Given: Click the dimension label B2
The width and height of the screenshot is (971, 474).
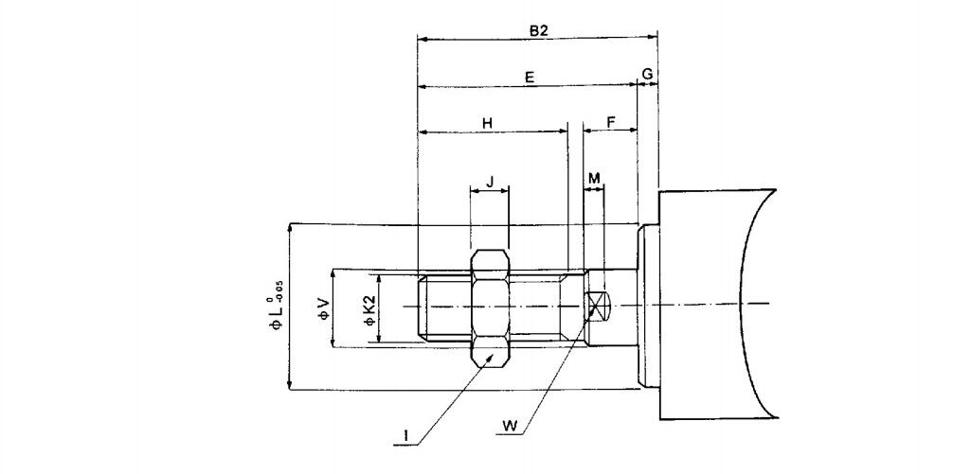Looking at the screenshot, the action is pos(537,29).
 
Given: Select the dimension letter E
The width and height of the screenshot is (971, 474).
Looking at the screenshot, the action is pos(529,78).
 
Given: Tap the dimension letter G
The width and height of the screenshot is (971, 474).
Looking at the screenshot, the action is pos(647,74).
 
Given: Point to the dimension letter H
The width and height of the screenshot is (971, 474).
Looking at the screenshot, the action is pos(487,123).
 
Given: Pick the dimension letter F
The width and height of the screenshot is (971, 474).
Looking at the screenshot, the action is pos(610,122).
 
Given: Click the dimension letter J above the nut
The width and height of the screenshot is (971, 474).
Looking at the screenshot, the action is pos(489,182).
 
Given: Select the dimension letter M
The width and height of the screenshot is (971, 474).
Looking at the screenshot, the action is pos(594,178).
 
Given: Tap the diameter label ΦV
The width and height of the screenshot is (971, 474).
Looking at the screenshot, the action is pos(324,308).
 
